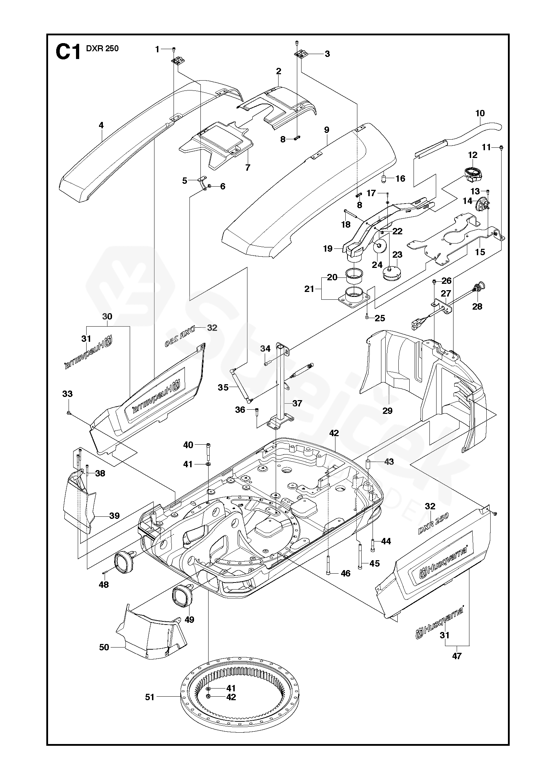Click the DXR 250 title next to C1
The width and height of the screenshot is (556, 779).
tap(103, 49)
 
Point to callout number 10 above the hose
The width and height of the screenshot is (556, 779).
tap(480, 113)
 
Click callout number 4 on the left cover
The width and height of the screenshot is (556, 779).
tap(101, 125)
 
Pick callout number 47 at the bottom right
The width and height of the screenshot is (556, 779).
tap(457, 656)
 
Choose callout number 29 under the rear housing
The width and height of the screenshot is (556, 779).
tap(387, 411)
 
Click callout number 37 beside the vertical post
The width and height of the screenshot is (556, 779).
tap(297, 403)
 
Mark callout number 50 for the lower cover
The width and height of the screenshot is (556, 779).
tap(104, 647)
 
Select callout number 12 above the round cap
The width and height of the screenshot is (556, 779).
tap(473, 155)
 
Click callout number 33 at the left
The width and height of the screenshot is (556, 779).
tap(67, 394)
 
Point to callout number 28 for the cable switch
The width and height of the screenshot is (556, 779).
tap(477, 306)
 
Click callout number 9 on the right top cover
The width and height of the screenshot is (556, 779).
tap(327, 130)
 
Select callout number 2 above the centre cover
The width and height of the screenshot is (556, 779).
tap(279, 71)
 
